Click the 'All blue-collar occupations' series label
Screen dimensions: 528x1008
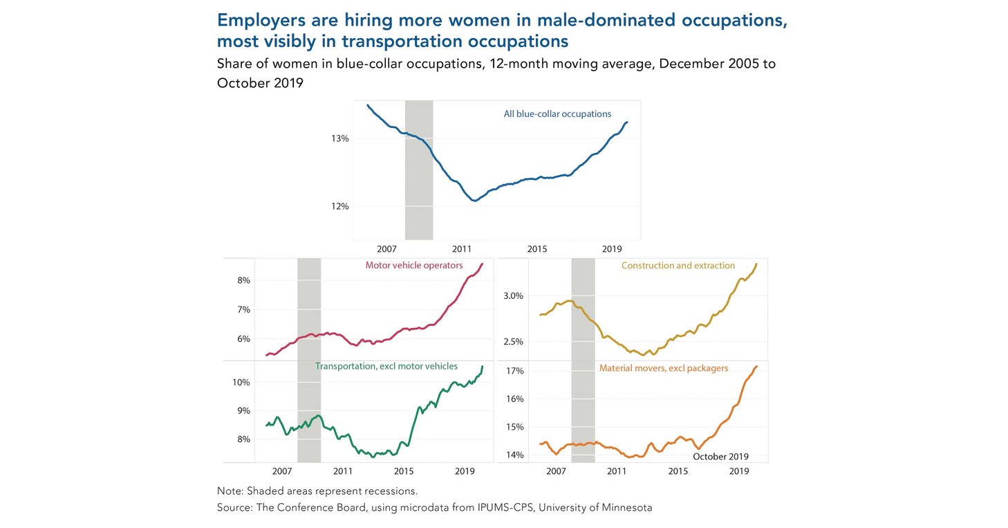tap(557, 114)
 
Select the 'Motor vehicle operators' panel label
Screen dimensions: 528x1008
tap(413, 266)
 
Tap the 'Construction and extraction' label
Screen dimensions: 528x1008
tap(678, 266)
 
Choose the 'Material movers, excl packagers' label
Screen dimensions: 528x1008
tap(663, 368)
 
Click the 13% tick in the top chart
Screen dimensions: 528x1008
tap(339, 138)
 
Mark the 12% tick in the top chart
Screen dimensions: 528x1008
tap(339, 206)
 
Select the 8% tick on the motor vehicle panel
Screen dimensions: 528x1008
tap(243, 280)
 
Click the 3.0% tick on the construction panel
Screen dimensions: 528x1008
tap(514, 295)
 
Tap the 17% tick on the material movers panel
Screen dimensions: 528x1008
tap(516, 371)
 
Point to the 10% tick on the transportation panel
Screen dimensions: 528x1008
tap(241, 382)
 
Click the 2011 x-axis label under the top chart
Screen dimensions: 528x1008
tap(462, 248)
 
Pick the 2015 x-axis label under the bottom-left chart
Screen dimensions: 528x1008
tap(404, 471)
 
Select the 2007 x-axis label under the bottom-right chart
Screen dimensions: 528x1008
tap(556, 471)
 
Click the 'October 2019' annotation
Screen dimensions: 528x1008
tap(720, 457)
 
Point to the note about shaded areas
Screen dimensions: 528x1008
tap(317, 491)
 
